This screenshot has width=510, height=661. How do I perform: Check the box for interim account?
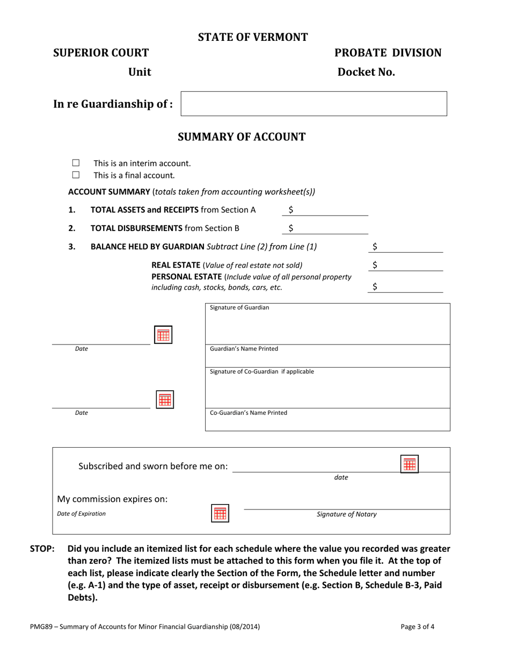[76, 163]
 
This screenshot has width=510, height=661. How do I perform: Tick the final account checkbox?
[76, 175]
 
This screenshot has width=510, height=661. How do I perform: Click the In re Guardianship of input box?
[314, 104]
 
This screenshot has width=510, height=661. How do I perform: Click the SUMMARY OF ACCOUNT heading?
[242, 137]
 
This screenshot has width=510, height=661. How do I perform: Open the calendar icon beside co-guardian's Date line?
[164, 399]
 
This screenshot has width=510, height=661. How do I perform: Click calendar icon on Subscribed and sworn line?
[410, 464]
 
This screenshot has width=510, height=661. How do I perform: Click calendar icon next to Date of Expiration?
[220, 513]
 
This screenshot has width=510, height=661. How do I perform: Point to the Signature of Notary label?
[347, 514]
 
